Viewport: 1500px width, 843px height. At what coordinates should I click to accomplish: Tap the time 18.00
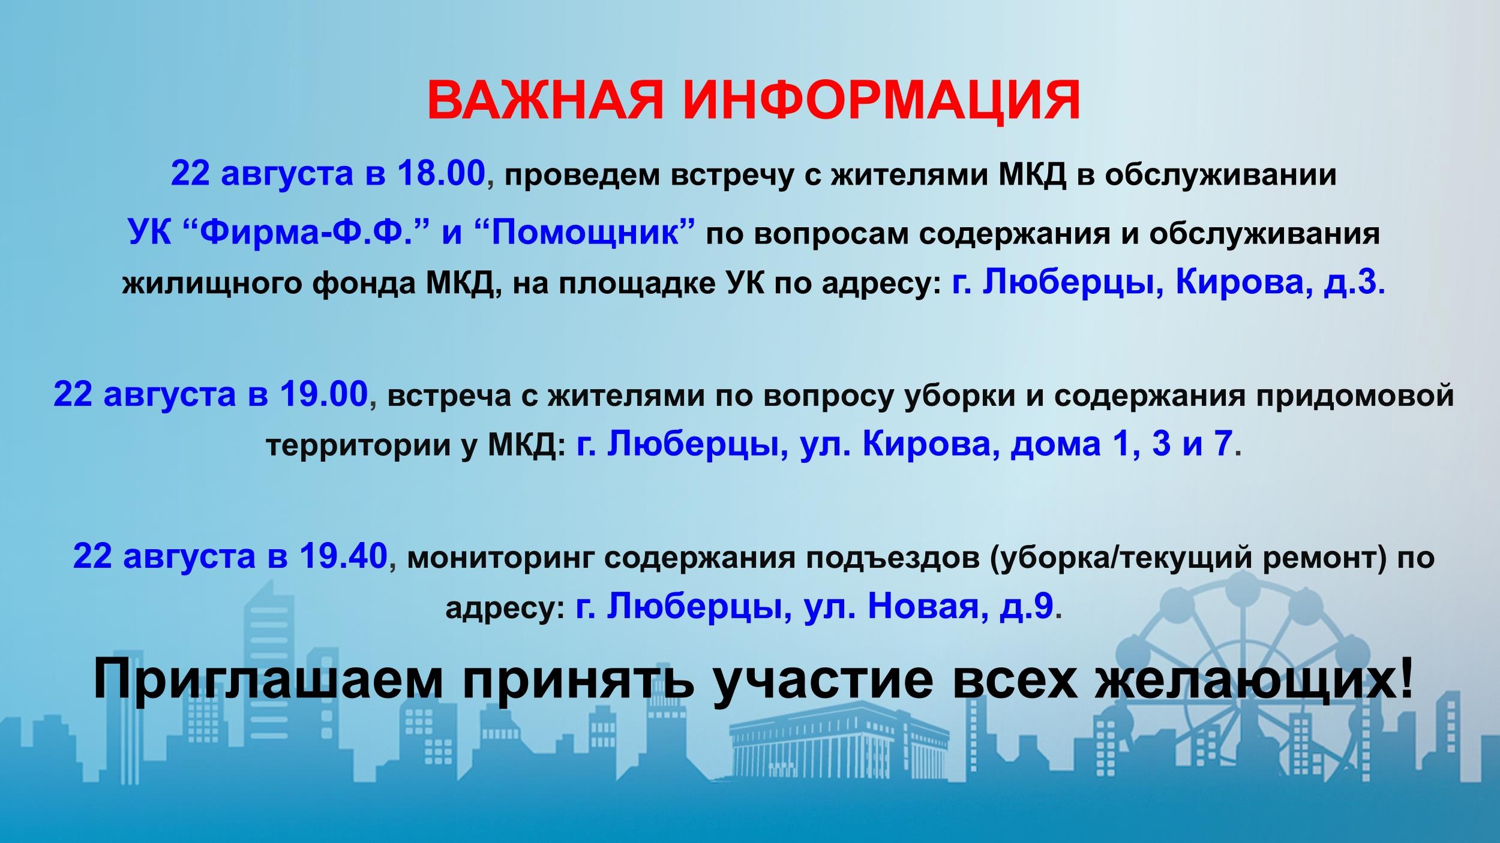(x=440, y=174)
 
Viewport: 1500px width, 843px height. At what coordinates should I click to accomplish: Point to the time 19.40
(x=343, y=556)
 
